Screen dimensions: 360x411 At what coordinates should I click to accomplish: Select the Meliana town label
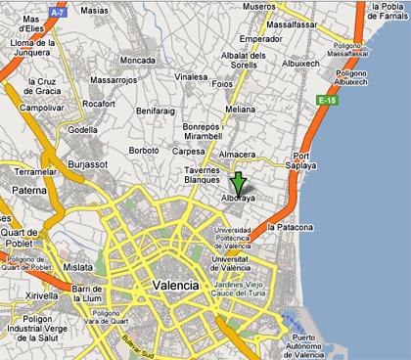click(240, 110)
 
